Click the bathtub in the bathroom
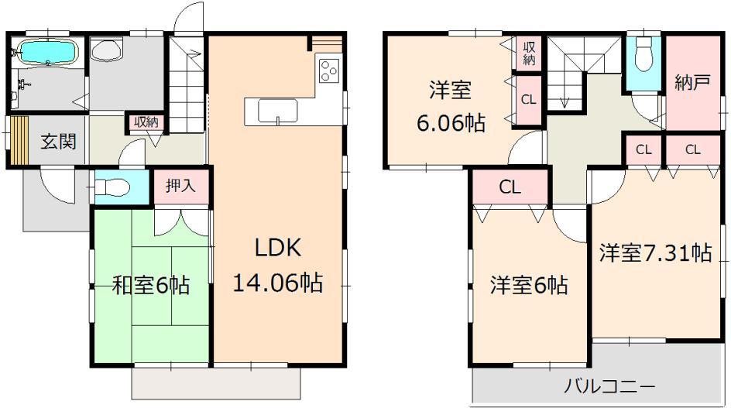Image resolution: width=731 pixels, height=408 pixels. coord(47,53)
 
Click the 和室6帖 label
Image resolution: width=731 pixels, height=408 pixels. coord(152,285)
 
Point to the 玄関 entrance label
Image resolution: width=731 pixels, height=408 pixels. coord(58,142)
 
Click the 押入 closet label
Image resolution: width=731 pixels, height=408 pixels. coord(181,186)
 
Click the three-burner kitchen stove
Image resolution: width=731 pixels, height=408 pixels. coord(328,70)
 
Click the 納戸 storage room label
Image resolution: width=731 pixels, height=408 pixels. coord(692,83)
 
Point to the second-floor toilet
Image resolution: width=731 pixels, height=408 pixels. coord(643,54)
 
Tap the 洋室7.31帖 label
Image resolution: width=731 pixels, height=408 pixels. coord(655,252)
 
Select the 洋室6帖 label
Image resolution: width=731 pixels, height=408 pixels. coord(528,286)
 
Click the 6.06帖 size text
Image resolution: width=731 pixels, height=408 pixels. coord(451,124)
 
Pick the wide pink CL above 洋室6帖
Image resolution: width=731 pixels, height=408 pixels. coord(510,187)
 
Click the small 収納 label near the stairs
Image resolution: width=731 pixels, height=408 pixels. coord(146,122)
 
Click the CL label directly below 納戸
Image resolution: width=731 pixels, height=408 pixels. coord(692,150)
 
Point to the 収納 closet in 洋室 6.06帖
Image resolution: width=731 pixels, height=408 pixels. coord(530,53)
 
